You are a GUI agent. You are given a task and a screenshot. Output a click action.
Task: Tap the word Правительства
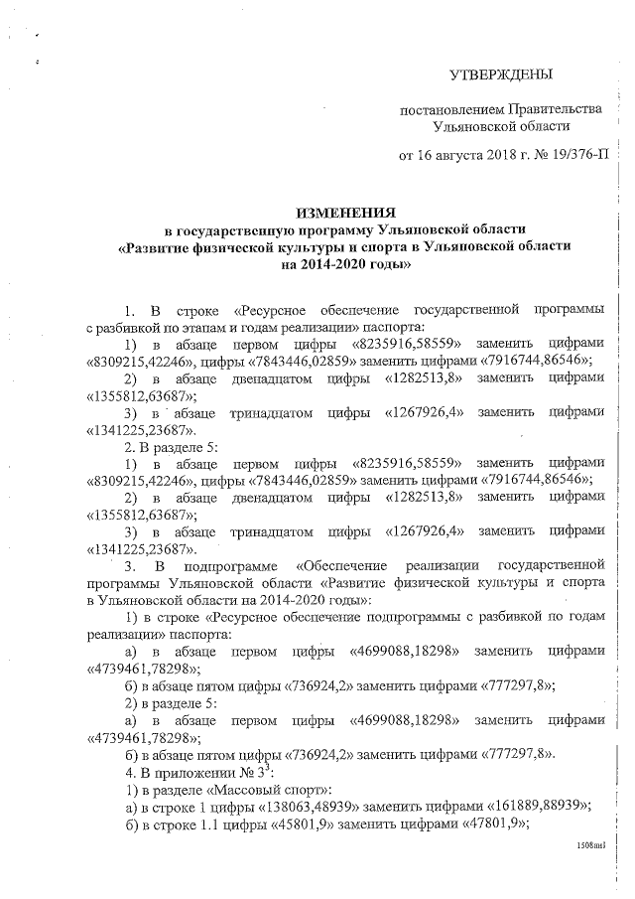(554, 108)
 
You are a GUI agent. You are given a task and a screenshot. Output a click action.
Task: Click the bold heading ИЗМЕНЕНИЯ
(345, 213)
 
